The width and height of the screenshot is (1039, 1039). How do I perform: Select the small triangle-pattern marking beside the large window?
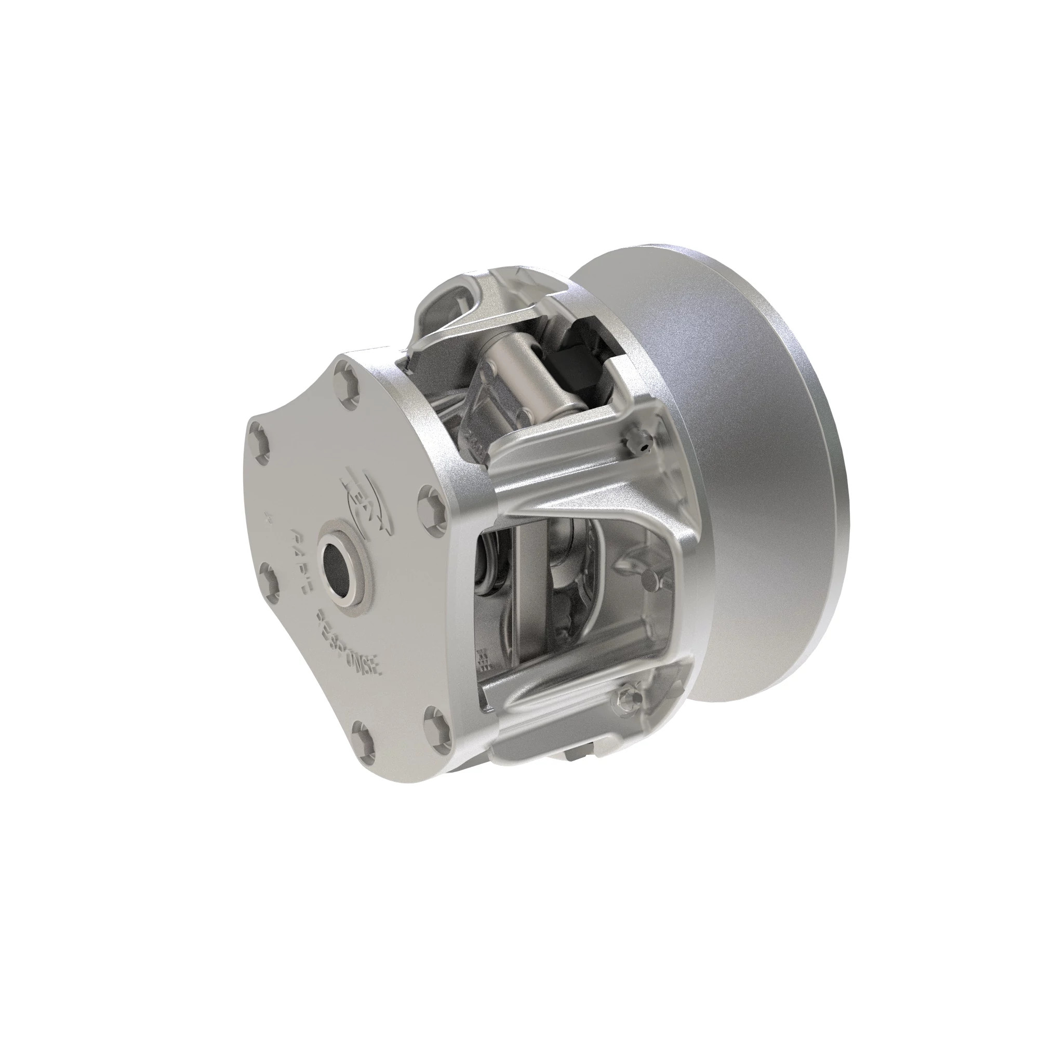click(485, 660)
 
